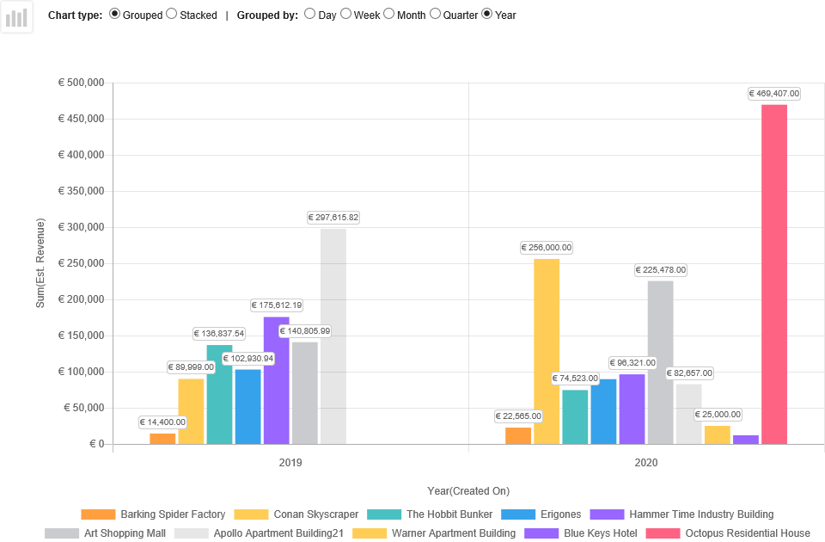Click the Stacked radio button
(x=172, y=14)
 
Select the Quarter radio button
(x=436, y=14)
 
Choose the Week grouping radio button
(x=346, y=14)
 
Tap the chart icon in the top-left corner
(x=16, y=16)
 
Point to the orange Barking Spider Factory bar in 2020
(x=518, y=435)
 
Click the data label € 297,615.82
(x=333, y=218)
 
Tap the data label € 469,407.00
(x=774, y=94)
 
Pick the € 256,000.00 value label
(x=547, y=248)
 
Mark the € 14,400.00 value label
(x=163, y=422)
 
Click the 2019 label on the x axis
(x=290, y=463)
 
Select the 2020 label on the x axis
(x=646, y=463)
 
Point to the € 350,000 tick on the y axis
(x=81, y=191)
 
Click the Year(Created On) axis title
(x=468, y=491)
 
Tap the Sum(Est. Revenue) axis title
(x=40, y=263)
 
